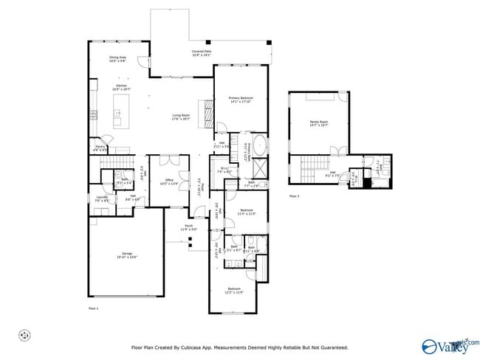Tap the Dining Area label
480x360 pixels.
click(118, 58)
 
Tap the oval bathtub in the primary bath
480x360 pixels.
click(259, 142)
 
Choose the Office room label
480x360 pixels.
click(168, 181)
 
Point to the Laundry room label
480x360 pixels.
click(101, 198)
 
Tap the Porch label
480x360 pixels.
click(188, 227)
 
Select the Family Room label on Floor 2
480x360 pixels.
click(318, 123)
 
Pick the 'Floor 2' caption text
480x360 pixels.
click(294, 195)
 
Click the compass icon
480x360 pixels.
click(24, 336)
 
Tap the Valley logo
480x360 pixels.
click(449, 345)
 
